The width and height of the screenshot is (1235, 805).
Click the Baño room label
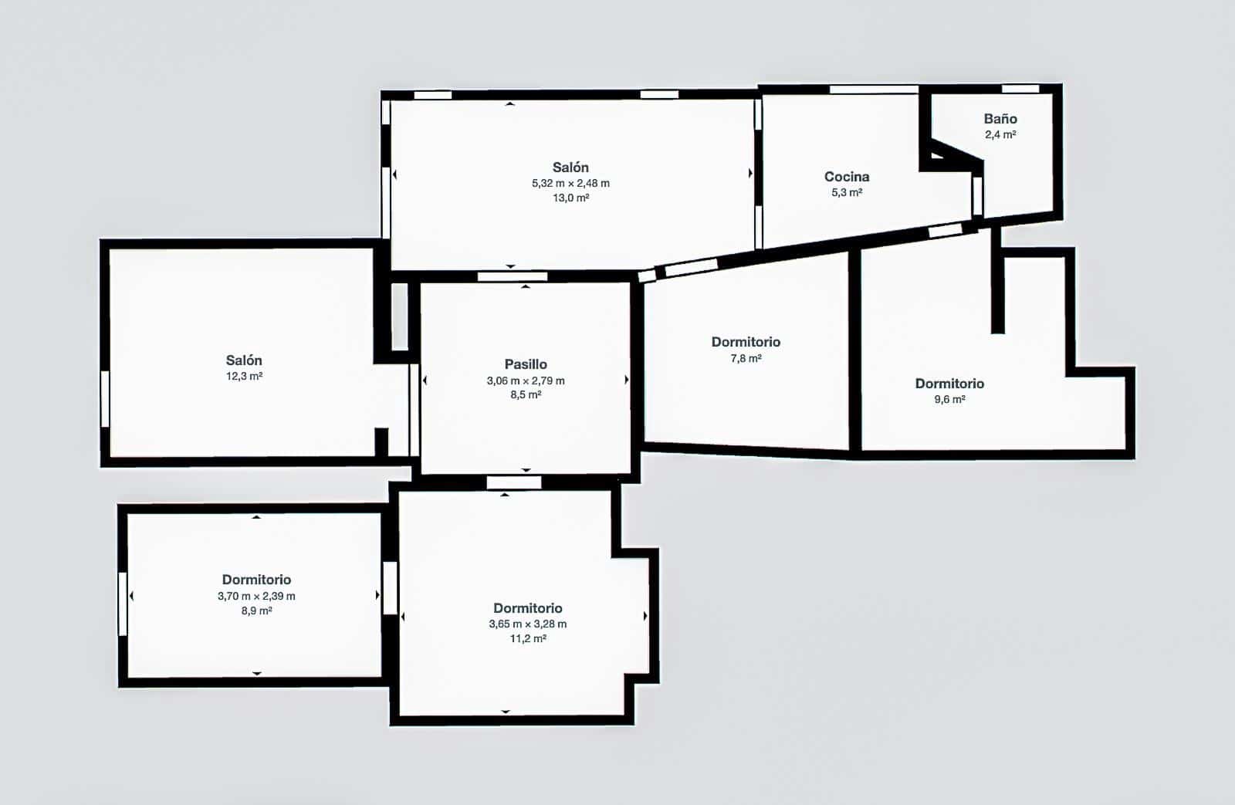1000,119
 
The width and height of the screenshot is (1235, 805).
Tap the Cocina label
846,177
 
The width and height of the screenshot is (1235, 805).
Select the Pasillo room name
526,364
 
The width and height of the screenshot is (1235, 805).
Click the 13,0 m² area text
570,198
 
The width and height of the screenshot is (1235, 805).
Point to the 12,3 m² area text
244,376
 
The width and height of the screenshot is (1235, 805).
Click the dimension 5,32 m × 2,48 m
570,183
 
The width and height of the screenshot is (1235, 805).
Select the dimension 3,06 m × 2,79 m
526,381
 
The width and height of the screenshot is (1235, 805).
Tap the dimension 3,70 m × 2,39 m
256,596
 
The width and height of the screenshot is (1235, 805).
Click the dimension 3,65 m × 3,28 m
528,624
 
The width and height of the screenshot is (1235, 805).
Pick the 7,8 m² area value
746,358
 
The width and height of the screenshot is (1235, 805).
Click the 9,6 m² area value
949,399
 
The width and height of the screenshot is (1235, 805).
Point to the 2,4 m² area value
1000,134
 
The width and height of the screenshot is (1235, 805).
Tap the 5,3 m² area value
846,192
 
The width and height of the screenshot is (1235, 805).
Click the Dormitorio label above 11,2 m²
528,608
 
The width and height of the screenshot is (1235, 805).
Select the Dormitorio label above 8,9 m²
256,580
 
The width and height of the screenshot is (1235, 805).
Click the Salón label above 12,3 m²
244,360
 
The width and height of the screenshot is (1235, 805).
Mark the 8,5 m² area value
526,394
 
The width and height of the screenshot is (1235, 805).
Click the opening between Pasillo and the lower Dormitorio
514,483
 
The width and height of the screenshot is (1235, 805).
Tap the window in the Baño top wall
1020,88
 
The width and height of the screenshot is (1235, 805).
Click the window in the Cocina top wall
874,90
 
